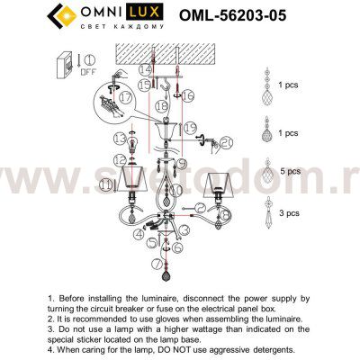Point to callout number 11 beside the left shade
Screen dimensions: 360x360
pyautogui.click(x=108, y=183)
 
